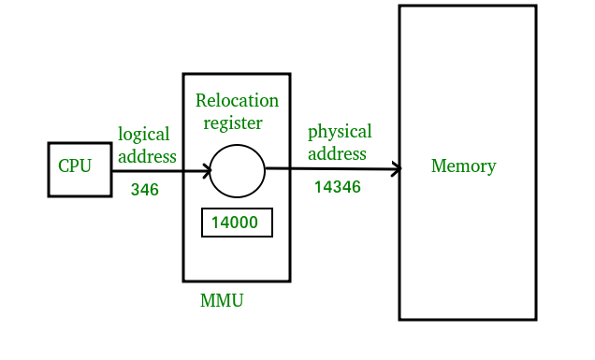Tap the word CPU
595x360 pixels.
pyautogui.click(x=75, y=166)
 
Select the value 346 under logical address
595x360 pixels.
pyautogui.click(x=144, y=190)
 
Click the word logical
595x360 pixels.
pyautogui.click(x=143, y=134)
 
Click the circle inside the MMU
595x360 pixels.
pyautogui.click(x=237, y=171)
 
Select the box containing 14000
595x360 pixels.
pyautogui.click(x=238, y=223)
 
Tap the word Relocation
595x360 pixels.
pyautogui.click(x=237, y=100)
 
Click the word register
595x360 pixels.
pyautogui.click(x=233, y=122)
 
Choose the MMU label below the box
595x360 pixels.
pyautogui.click(x=222, y=301)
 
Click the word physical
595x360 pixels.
pyautogui.click(x=340, y=131)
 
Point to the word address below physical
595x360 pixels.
pyautogui.click(x=337, y=153)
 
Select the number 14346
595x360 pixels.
pyautogui.click(x=337, y=187)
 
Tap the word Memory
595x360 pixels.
pyautogui.click(x=463, y=166)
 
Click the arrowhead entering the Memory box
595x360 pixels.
pyautogui.click(x=396, y=169)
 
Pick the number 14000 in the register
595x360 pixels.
pyautogui.click(x=235, y=223)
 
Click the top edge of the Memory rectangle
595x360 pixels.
pyautogui.click(x=467, y=6)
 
